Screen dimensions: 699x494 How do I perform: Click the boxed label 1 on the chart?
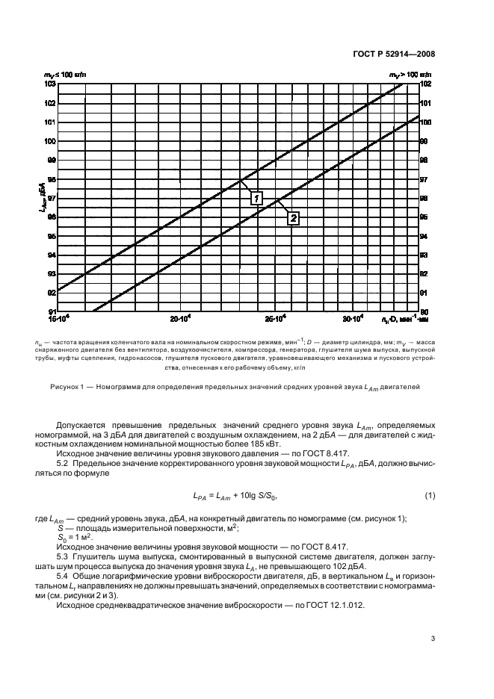(256, 198)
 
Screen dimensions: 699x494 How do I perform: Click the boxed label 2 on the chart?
(293, 218)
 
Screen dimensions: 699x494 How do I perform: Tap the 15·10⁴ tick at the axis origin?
(58, 319)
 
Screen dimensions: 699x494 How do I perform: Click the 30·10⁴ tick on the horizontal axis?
(353, 319)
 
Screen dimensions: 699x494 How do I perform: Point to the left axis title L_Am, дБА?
(52, 199)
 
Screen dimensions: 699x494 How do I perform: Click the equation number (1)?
(430, 497)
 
